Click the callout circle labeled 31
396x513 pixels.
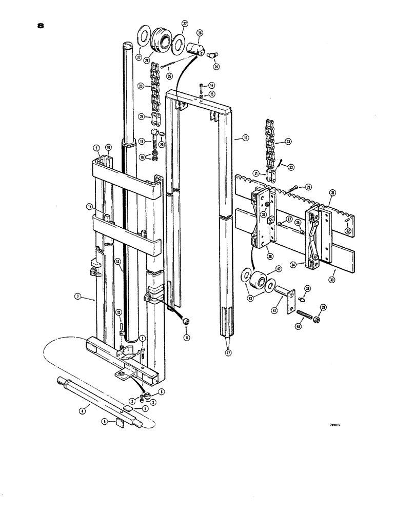(x=332, y=193)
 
